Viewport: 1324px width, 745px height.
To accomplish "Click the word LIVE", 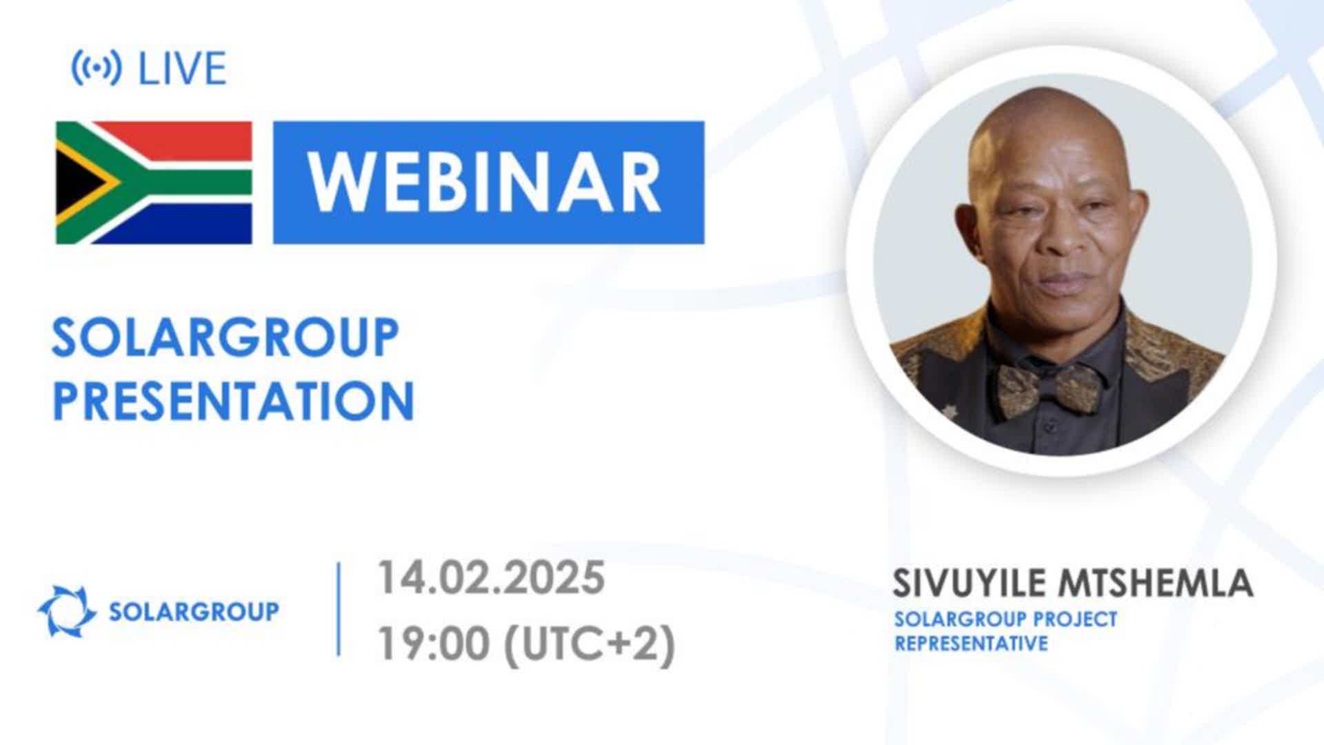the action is (x=183, y=68).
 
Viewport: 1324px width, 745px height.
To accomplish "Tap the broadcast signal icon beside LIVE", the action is (x=97, y=68).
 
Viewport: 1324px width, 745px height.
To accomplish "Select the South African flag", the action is (x=154, y=183).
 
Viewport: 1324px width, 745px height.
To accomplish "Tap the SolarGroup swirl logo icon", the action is (x=67, y=610).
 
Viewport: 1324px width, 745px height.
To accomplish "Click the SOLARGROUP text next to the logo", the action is (x=194, y=611).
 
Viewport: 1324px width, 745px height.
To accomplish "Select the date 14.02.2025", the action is (x=491, y=578).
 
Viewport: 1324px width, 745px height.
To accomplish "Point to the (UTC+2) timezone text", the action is (x=590, y=646).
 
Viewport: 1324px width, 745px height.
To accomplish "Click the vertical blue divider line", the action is (x=339, y=609).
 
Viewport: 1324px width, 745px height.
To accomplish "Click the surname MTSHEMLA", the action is (x=1155, y=583).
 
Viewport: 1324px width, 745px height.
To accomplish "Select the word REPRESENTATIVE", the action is (x=971, y=644).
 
